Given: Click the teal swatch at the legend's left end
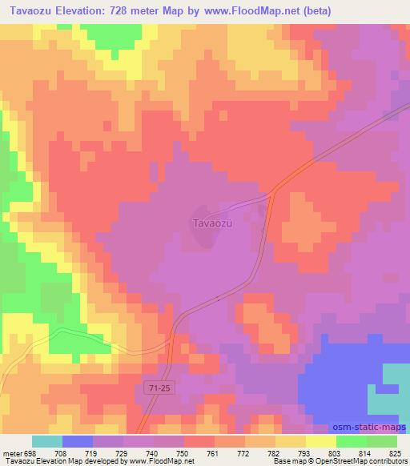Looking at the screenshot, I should (47, 441).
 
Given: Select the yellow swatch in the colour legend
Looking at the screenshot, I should (320, 441).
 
